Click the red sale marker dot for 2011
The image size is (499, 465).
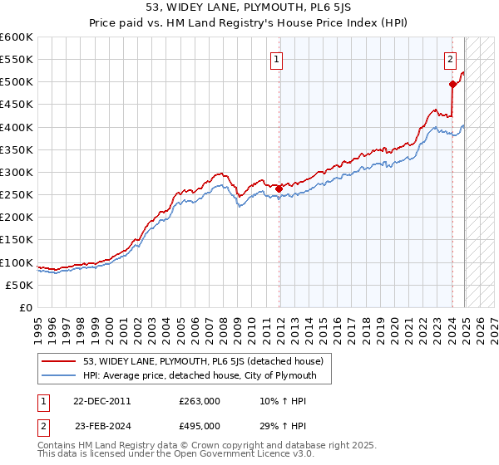pos(279,188)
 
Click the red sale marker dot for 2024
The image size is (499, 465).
pos(452,84)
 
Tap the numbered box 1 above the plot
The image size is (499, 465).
pos(275,58)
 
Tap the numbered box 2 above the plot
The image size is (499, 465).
pos(449,58)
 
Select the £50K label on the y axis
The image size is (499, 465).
pos(19,285)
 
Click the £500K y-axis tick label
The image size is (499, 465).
pos(17,82)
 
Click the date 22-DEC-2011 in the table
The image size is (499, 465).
pos(102,401)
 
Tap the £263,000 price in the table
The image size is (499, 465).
pos(200,401)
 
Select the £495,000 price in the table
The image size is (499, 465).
pos(200,426)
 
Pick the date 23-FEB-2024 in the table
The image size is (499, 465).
pos(102,426)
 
